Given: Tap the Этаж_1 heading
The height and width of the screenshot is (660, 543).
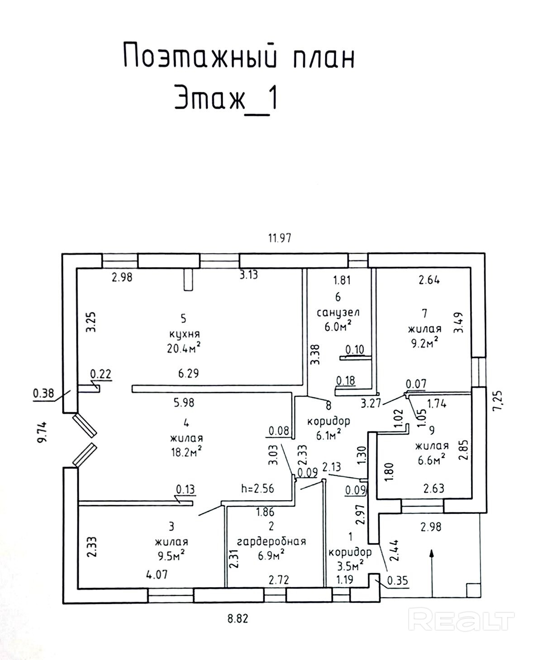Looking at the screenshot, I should (x=226, y=98).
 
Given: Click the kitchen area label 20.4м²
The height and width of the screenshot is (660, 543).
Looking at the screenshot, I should (x=183, y=348).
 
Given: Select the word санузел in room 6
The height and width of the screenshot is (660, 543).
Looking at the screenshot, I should (x=338, y=312).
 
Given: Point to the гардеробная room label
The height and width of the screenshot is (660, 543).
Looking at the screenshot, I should (x=271, y=541).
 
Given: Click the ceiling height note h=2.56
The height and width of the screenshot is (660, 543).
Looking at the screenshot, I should (x=257, y=489).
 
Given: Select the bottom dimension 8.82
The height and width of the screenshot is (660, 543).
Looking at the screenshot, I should (x=238, y=619).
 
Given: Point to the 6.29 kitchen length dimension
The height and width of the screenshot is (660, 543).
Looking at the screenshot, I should (x=188, y=374).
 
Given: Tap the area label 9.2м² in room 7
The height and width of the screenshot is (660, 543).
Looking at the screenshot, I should (x=424, y=342).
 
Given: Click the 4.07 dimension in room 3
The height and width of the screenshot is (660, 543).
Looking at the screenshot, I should (x=157, y=575).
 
